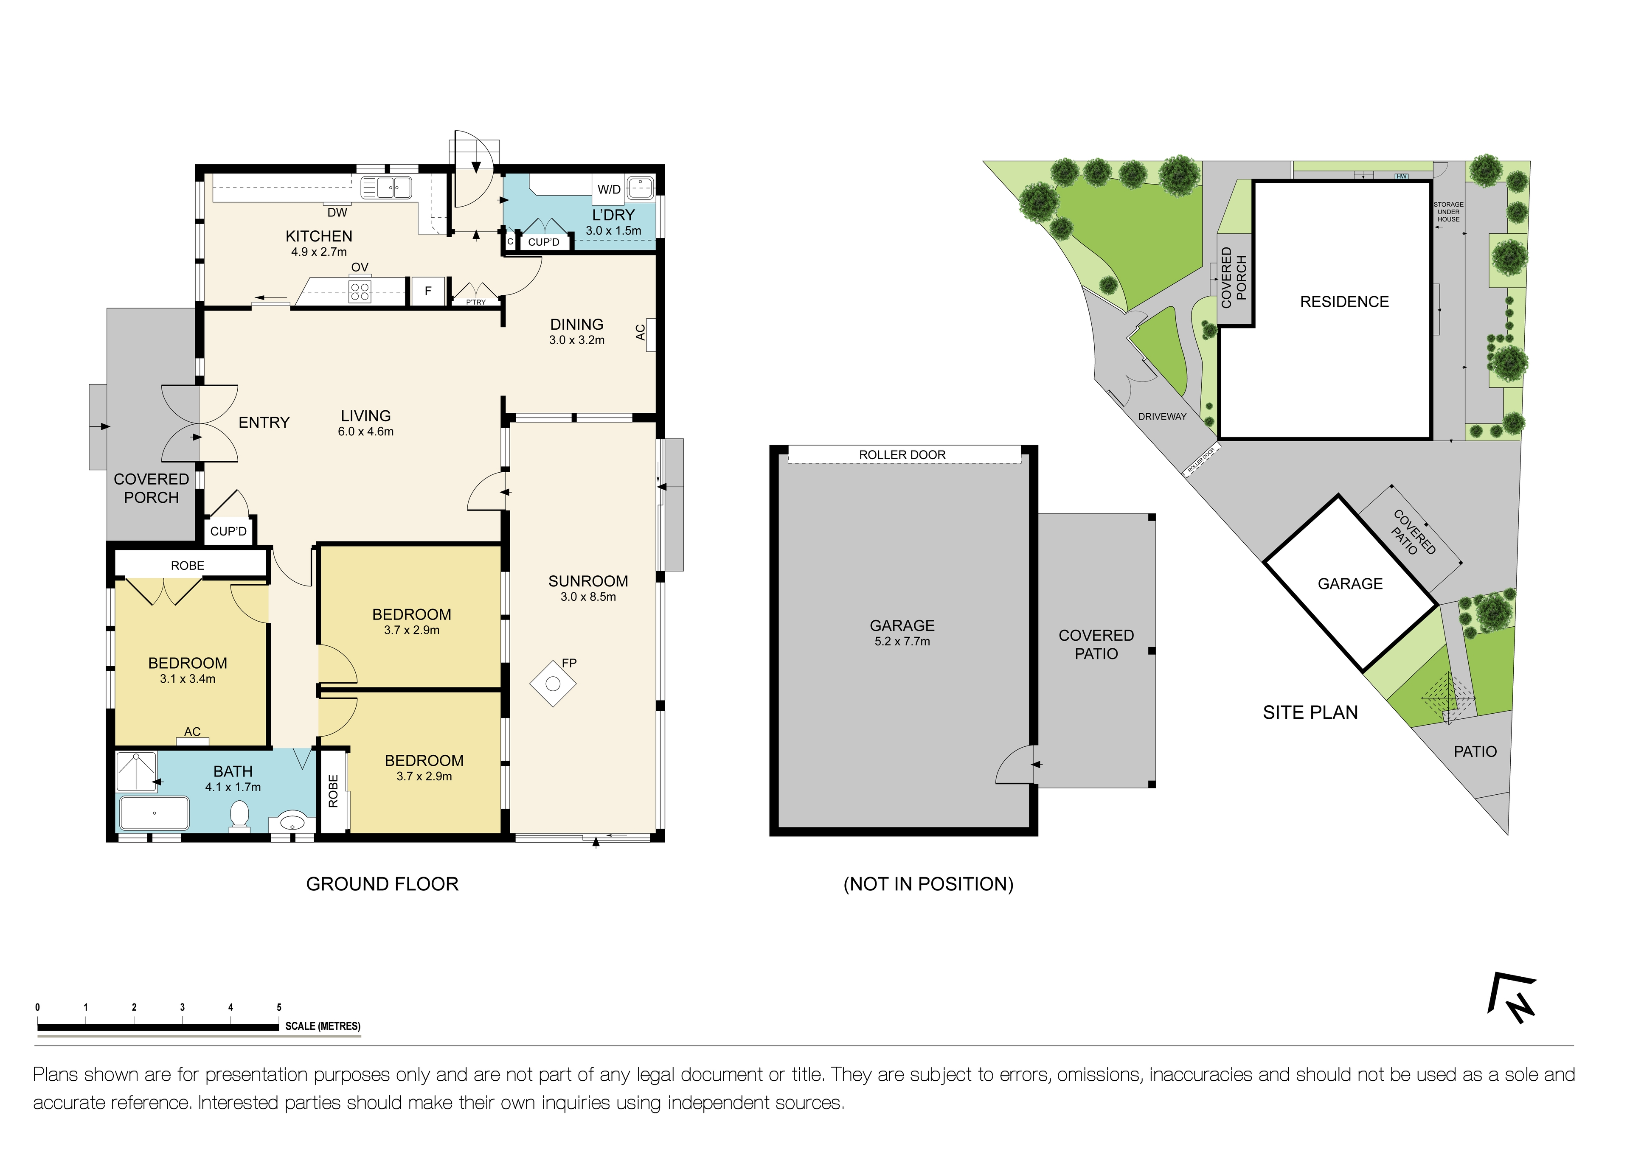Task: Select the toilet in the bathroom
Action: pos(239,815)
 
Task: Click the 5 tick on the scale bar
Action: pos(279,1007)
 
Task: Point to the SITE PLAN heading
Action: pos(1310,713)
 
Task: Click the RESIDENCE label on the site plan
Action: pos(1344,302)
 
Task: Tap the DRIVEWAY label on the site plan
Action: pos(1162,417)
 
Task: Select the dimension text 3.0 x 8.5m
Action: pos(588,597)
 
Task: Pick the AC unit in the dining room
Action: pos(649,332)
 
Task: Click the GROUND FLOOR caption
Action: pos(382,884)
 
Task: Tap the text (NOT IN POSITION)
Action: pos(928,884)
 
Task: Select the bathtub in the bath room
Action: pos(154,813)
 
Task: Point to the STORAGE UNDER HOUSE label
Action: pos(1448,212)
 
